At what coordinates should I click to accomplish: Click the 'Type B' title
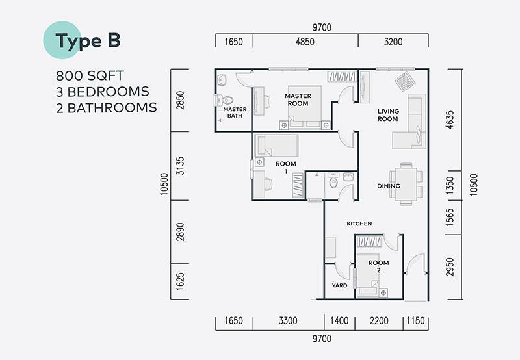[88, 41]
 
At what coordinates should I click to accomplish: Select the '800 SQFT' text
[90, 76]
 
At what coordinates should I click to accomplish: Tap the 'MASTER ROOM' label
[298, 100]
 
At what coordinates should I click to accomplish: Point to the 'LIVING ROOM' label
[388, 115]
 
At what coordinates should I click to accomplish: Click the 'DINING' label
[389, 186]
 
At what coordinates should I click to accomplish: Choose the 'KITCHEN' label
[359, 224]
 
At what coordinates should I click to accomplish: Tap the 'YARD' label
[339, 285]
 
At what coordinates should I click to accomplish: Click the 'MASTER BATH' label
[235, 112]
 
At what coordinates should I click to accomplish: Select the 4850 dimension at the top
[305, 42]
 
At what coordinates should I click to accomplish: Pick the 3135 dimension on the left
[180, 166]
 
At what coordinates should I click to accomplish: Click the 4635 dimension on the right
[450, 120]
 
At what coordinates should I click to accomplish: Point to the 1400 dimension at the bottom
[339, 320]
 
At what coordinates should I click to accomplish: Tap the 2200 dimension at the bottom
[379, 320]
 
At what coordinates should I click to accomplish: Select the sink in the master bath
[222, 80]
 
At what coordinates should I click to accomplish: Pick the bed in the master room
[305, 107]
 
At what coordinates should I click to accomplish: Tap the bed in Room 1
[276, 145]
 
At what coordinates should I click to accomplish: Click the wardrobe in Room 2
[369, 241]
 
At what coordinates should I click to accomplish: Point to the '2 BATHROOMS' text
[107, 108]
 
